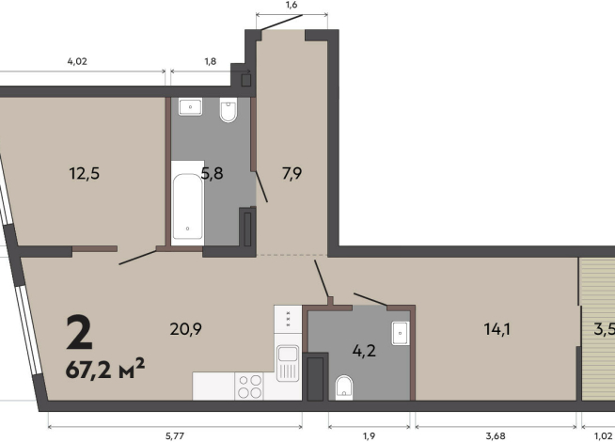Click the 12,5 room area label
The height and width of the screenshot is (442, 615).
(85, 173)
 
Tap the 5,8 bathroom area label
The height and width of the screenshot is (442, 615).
(213, 173)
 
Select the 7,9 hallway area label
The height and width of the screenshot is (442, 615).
(292, 173)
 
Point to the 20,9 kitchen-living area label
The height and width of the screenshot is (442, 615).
(186, 328)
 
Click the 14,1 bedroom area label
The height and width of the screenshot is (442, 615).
(497, 328)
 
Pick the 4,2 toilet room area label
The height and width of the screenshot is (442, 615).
(364, 350)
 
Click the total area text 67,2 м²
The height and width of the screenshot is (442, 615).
(105, 369)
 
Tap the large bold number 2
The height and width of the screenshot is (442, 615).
(80, 332)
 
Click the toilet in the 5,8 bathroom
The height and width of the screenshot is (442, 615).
(229, 110)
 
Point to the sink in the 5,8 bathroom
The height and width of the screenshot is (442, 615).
(191, 106)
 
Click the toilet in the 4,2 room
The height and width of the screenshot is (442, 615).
(344, 387)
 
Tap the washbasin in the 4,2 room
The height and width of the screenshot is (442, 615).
(401, 333)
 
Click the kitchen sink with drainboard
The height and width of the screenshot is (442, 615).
(288, 363)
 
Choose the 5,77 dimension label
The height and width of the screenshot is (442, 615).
(175, 435)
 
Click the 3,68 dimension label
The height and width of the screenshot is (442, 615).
(496, 435)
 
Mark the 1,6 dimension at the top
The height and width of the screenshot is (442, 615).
(292, 5)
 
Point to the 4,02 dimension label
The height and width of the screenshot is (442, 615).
(77, 61)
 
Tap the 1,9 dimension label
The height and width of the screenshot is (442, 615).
(370, 435)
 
